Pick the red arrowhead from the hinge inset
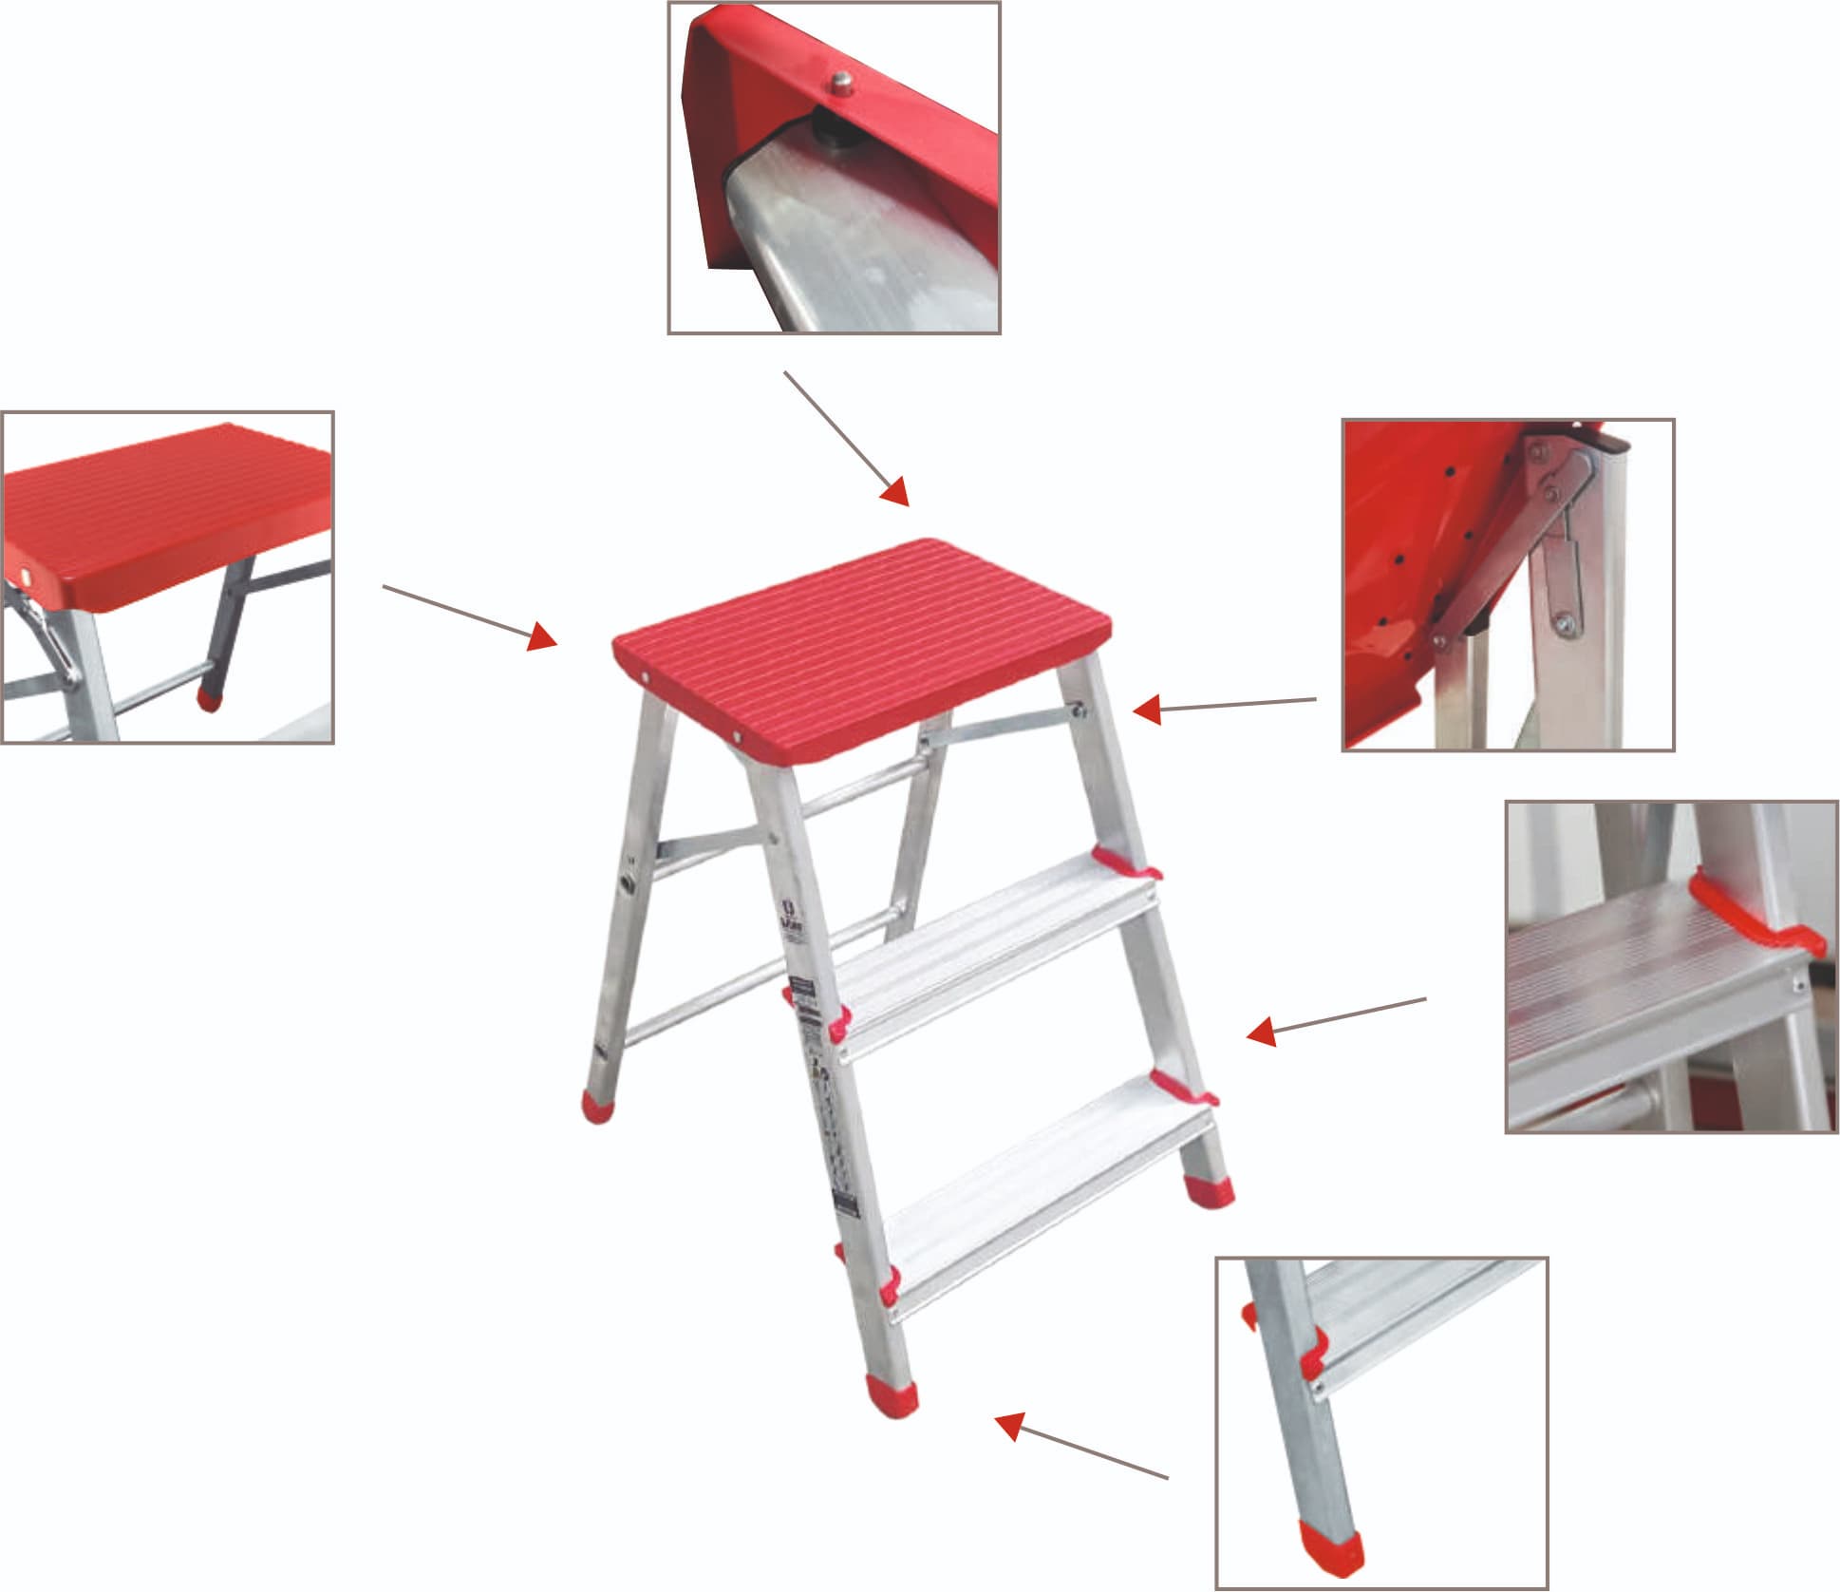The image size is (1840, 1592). pyautogui.click(x=1148, y=710)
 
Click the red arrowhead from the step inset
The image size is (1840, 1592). pyautogui.click(x=1261, y=1032)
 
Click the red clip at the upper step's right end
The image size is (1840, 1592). pyautogui.click(x=1125, y=864)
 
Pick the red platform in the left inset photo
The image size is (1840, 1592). pyautogui.click(x=166, y=513)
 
